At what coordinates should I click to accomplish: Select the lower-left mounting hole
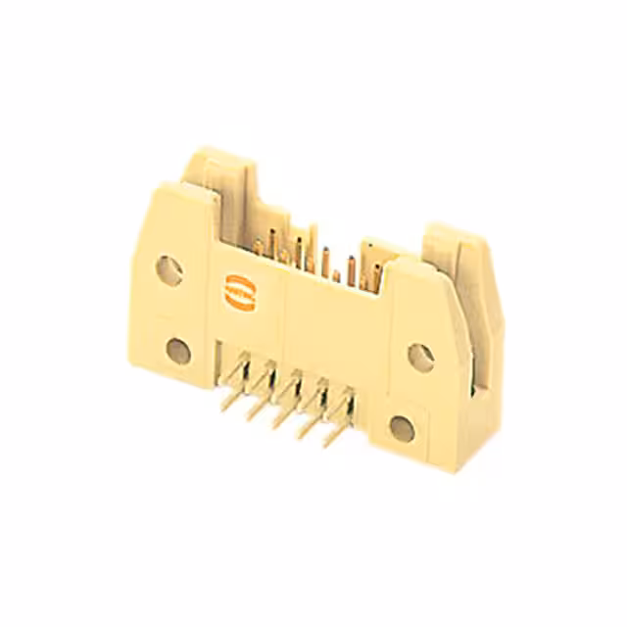[x=178, y=348]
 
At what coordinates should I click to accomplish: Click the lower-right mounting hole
[x=401, y=426]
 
